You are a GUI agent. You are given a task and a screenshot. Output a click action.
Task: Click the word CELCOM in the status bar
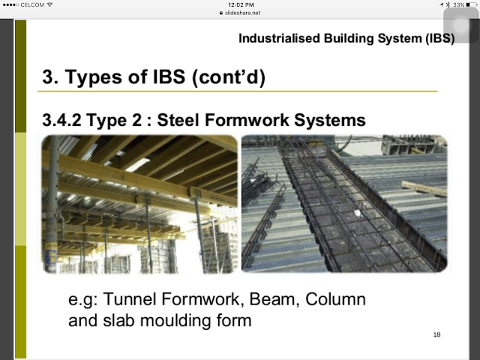coord(32,5)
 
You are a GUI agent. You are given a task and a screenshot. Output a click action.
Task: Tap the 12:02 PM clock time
coord(241,5)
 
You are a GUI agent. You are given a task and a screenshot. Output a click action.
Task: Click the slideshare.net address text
coord(242,13)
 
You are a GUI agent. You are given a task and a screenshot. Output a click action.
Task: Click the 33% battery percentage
coord(459,5)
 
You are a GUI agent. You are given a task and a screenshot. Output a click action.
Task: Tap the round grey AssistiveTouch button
coord(461,25)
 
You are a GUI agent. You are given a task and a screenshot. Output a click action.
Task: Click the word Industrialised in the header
coord(279,38)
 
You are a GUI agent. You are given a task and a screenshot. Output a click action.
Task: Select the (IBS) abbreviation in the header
coord(440,39)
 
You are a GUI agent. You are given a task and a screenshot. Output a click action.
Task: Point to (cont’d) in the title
coord(228,77)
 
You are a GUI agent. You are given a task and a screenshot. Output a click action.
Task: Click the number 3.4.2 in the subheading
coord(61,120)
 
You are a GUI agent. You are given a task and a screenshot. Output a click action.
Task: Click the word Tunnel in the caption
coord(130,299)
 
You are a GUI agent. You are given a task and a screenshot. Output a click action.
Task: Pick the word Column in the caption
coord(335,299)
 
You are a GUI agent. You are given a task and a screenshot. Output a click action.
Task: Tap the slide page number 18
coord(436,334)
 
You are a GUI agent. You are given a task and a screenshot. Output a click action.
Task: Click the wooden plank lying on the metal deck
coord(424,188)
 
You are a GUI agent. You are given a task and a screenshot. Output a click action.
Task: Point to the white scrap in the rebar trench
coord(357,213)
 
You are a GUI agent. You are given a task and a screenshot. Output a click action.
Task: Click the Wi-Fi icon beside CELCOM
coord(49,4)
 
